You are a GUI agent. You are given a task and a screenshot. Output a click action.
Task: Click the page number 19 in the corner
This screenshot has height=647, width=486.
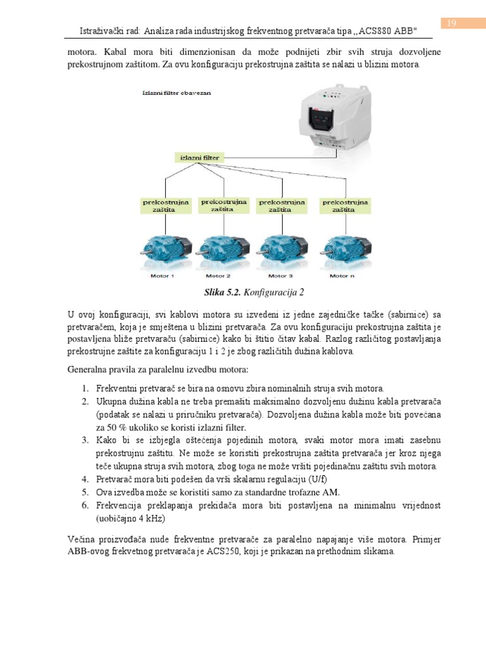[452, 23]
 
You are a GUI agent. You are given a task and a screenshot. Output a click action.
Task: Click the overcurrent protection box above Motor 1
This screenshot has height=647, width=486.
[166, 207]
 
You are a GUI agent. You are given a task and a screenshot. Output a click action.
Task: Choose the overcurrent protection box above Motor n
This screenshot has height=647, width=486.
[346, 207]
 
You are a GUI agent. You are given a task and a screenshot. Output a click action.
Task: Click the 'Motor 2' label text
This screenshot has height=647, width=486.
[218, 276]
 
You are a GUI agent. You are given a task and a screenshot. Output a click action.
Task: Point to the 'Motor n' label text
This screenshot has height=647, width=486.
[343, 276]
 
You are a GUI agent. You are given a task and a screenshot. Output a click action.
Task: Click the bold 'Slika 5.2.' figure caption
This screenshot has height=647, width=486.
[223, 293]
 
